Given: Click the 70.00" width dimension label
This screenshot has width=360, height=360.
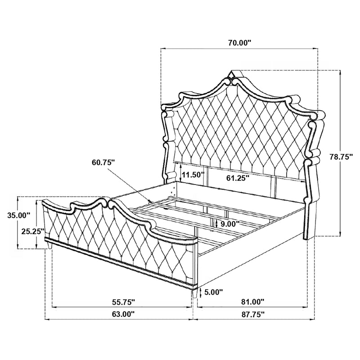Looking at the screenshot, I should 238,43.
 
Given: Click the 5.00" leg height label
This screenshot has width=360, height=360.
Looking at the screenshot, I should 213,292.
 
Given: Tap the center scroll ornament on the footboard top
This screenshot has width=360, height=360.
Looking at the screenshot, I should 108,203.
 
